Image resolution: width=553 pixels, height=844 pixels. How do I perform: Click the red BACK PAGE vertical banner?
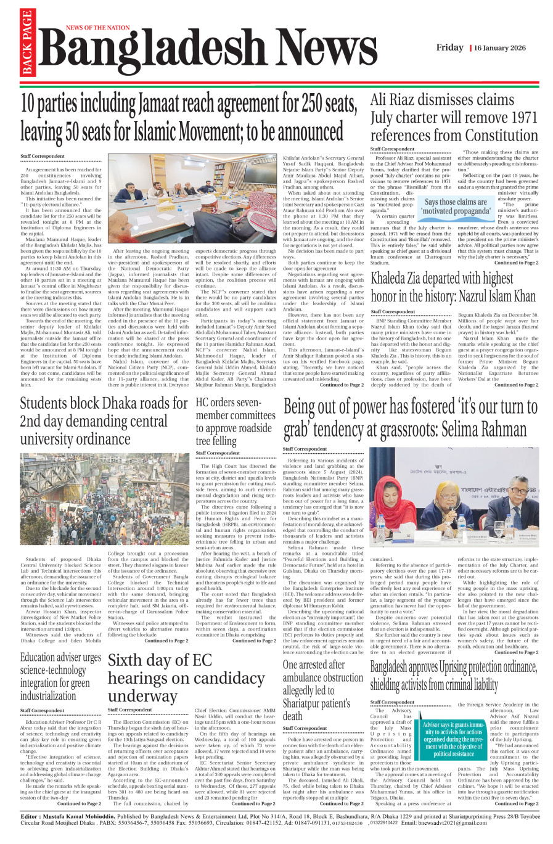tap(27, 43)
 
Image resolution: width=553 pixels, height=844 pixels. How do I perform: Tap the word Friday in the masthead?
tap(449, 47)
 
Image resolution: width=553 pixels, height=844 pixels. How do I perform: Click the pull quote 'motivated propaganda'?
tap(456, 207)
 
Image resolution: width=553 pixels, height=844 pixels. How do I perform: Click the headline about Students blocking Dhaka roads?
tap(104, 421)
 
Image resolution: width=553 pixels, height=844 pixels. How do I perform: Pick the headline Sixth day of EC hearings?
tap(186, 678)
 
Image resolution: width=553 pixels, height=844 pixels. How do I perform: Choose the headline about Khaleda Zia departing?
tap(453, 287)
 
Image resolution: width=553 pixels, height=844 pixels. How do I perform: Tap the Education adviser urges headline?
tap(60, 676)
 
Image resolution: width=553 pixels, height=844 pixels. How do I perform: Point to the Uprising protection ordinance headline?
tap(453, 675)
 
